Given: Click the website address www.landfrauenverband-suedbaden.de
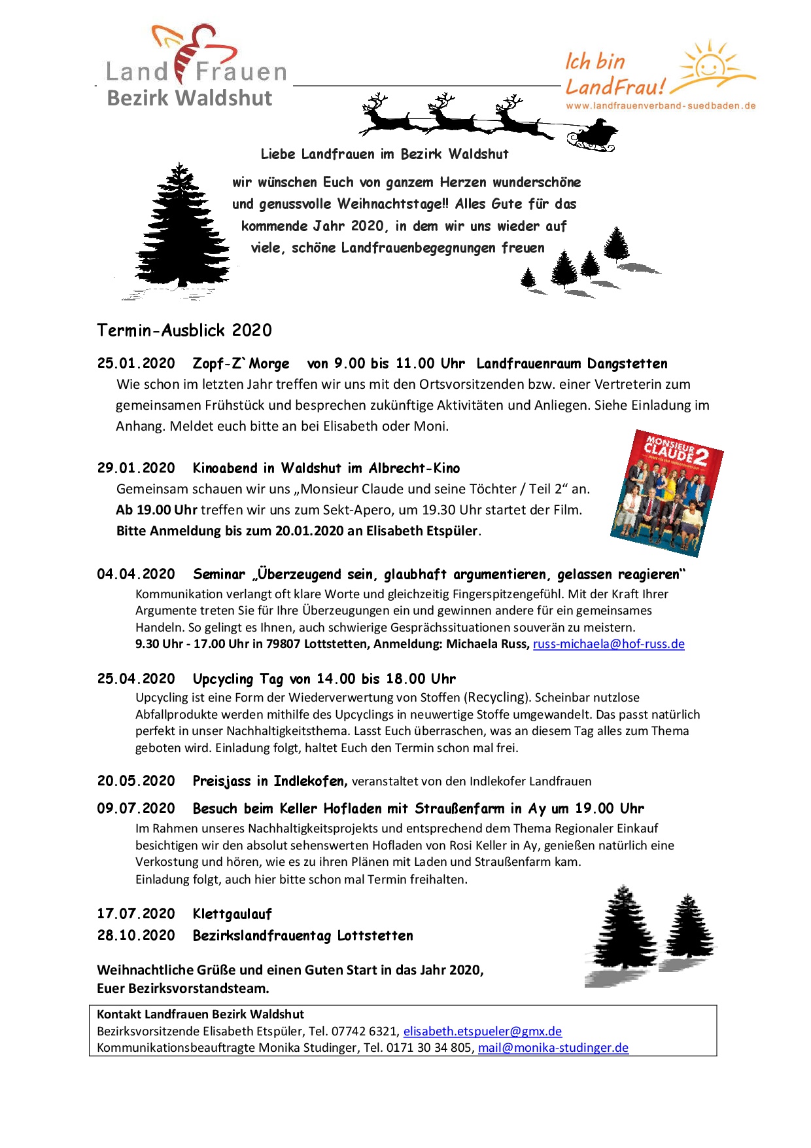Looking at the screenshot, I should click(x=661, y=105).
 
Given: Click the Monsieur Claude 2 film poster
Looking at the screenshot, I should click(x=667, y=493).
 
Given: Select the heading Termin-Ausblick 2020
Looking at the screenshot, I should click(x=184, y=330).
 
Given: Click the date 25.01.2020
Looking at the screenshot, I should click(x=136, y=363).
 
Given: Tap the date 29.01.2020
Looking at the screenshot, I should click(x=136, y=468).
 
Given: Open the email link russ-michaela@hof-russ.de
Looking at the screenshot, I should click(x=608, y=644).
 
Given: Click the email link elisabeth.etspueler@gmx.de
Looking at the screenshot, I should click(x=482, y=1031).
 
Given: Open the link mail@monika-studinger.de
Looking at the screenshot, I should click(x=553, y=1047).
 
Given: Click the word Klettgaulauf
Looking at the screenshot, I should click(x=232, y=914).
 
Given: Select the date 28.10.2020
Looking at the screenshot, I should click(x=136, y=935).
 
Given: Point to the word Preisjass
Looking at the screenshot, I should click(x=222, y=781).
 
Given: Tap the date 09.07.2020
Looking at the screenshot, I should click(x=136, y=808).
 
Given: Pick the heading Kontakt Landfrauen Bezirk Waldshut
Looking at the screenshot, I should click(x=200, y=1014).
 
